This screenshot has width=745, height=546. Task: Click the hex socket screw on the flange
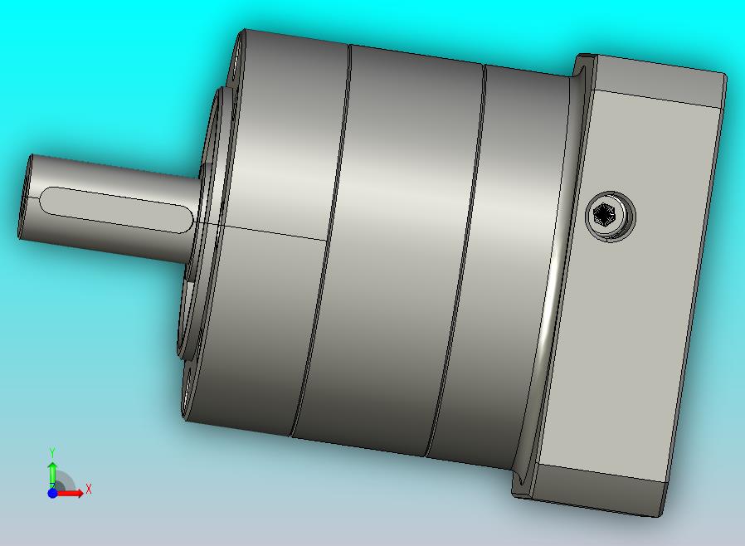(611, 217)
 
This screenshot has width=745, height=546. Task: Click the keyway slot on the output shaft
(115, 210)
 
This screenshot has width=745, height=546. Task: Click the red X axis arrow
(69, 493)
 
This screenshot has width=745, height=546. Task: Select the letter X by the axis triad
(89, 489)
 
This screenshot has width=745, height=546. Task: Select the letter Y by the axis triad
(52, 452)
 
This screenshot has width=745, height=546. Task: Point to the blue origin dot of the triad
(52, 493)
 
